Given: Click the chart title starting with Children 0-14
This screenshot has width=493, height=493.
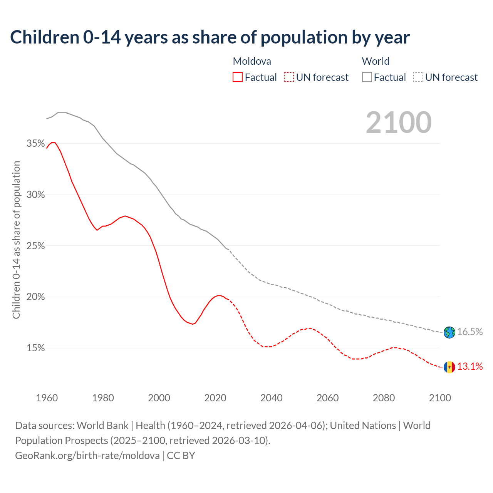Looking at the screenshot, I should pyautogui.click(x=210, y=37).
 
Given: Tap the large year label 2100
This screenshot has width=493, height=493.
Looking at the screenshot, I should pyautogui.click(x=399, y=122).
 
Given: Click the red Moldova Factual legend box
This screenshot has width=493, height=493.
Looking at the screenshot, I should pyautogui.click(x=238, y=77).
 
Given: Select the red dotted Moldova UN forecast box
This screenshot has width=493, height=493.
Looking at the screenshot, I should pyautogui.click(x=289, y=77).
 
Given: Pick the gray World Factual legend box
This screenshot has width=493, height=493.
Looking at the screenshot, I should pyautogui.click(x=367, y=77).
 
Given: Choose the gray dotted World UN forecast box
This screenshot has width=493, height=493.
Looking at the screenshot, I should pyautogui.click(x=418, y=77).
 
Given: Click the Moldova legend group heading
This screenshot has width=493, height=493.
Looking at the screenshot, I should pyautogui.click(x=252, y=61).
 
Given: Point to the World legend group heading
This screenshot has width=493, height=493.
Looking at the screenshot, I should pyautogui.click(x=376, y=61).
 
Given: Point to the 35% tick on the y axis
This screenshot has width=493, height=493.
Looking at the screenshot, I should pyautogui.click(x=35, y=144).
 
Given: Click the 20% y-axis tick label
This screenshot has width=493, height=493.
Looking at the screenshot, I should pyautogui.click(x=35, y=297).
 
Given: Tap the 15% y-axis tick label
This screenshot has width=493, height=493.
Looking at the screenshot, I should pyautogui.click(x=35, y=348).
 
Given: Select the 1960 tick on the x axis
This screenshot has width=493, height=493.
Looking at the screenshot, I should pyautogui.click(x=47, y=398).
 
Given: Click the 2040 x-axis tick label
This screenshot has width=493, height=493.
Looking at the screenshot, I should pyautogui.click(x=272, y=398).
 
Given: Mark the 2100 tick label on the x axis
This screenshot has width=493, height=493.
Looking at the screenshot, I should pyautogui.click(x=440, y=398).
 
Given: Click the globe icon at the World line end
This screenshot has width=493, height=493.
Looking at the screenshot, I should pyautogui.click(x=449, y=332).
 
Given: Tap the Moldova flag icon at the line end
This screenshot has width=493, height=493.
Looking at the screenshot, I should pyautogui.click(x=449, y=367).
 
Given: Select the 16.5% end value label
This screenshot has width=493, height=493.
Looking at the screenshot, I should pyautogui.click(x=470, y=332).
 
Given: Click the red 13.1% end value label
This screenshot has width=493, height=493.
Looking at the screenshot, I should pyautogui.click(x=470, y=367).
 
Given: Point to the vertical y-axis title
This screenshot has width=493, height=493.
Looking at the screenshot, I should pyautogui.click(x=16, y=240).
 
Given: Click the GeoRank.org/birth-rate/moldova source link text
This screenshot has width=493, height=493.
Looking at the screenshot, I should pyautogui.click(x=87, y=456).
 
